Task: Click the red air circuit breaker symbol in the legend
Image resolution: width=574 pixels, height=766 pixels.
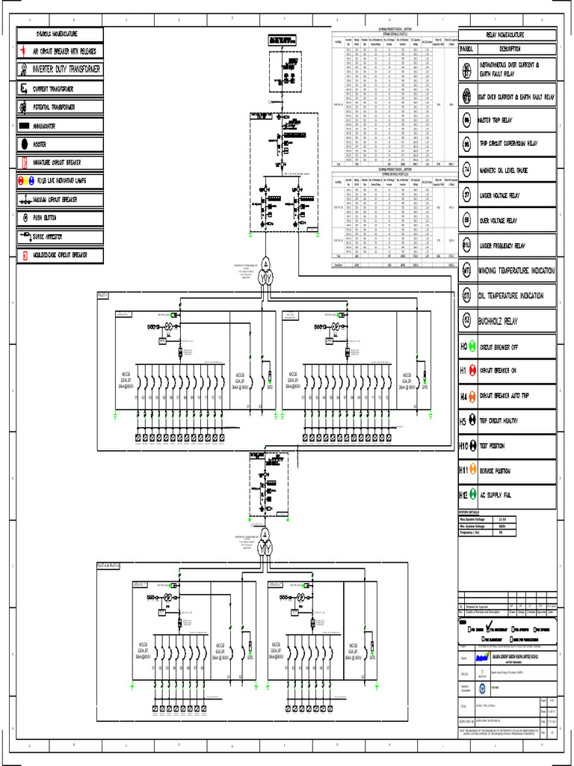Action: click(x=24, y=52)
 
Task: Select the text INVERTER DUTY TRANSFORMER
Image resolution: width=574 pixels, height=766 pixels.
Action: click(x=66, y=70)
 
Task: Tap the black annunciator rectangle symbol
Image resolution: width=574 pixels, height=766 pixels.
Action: click(x=24, y=126)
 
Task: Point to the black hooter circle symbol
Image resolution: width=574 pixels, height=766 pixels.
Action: click(x=24, y=144)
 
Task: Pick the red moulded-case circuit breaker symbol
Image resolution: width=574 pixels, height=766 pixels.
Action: click(x=24, y=255)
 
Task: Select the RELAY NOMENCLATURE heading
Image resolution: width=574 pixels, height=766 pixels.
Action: click(x=506, y=35)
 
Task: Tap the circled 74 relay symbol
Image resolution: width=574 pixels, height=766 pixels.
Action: click(x=466, y=170)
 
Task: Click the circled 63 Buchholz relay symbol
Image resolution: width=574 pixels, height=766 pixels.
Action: click(x=466, y=321)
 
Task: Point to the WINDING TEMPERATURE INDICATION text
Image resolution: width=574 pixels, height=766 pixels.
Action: click(x=517, y=270)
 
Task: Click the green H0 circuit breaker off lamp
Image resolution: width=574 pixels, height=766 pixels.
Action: click(x=472, y=347)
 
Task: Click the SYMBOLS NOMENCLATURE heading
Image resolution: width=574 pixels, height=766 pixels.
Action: click(x=58, y=34)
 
